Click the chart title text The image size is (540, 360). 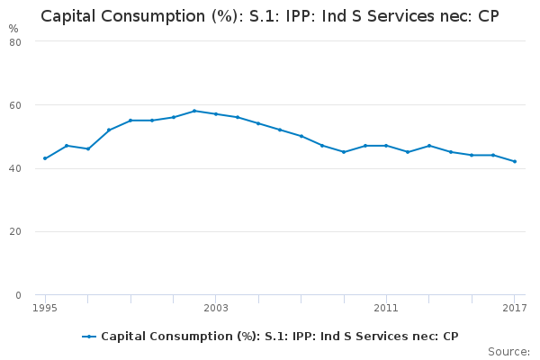tap(270, 16)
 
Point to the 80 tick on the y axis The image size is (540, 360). tap(15, 42)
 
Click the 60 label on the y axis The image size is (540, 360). tap(15, 105)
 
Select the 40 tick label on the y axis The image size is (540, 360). tap(15, 168)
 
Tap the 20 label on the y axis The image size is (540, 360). tap(15, 231)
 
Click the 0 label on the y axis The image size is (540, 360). tap(18, 295)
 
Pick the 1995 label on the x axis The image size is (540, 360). tap(45, 308)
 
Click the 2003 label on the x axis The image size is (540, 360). tap(216, 308)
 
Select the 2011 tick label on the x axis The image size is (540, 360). tap(386, 308)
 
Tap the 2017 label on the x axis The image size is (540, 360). tap(515, 308)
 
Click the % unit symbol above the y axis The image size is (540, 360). tap(13, 29)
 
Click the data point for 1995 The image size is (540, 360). tap(45, 158)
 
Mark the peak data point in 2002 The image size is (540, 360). tap(194, 111)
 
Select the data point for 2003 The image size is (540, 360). tap(216, 114)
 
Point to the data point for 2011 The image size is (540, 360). tap(386, 146)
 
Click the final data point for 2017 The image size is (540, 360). tap(515, 161)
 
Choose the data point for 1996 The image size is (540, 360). tap(67, 146)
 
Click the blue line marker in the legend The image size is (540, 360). tap(89, 337)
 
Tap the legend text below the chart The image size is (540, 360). tap(280, 337)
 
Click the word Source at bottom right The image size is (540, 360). tap(508, 352)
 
